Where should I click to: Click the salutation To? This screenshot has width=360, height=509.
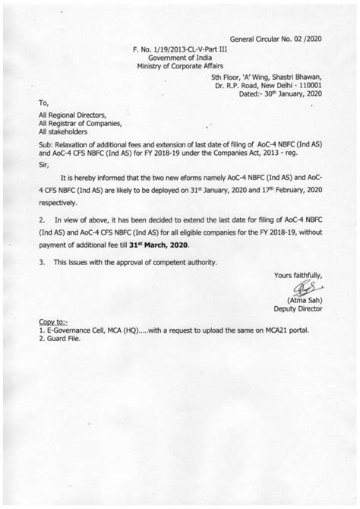(x=44, y=102)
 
